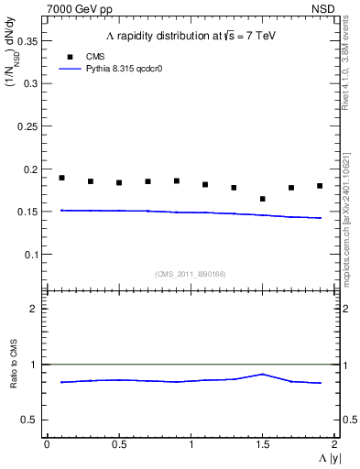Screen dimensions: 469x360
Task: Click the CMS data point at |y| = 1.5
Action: (262, 199)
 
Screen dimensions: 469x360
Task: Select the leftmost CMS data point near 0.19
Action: (61, 178)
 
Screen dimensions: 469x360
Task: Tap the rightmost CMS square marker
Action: (320, 186)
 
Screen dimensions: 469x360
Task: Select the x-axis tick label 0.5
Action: (118, 444)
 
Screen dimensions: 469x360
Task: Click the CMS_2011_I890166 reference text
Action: (191, 274)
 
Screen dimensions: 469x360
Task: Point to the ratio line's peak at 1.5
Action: (262, 374)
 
